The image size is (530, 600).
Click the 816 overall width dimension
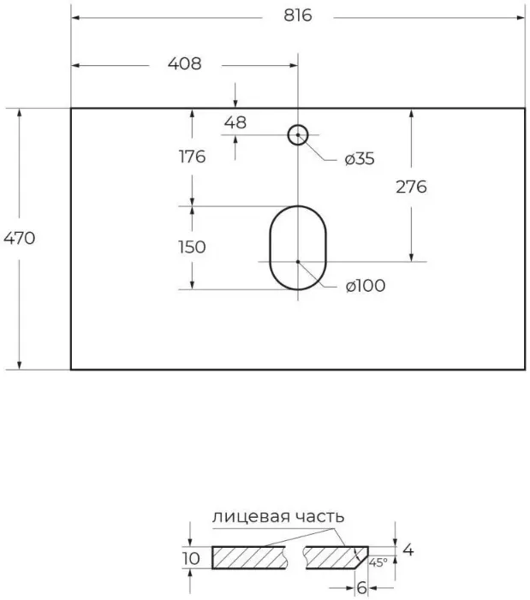(x=298, y=16)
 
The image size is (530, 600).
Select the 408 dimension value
(x=184, y=63)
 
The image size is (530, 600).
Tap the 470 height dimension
(x=18, y=238)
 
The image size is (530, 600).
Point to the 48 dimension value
(x=235, y=122)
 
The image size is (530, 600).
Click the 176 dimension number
(x=192, y=157)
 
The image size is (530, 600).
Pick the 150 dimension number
(x=192, y=247)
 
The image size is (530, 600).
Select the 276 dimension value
(x=411, y=187)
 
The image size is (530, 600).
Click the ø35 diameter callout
(x=360, y=158)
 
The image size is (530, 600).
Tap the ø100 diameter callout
(x=365, y=286)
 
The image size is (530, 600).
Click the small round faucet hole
(x=298, y=134)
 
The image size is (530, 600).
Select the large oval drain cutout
(x=298, y=247)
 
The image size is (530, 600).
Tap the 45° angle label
(x=378, y=562)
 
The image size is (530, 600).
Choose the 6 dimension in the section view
(x=361, y=588)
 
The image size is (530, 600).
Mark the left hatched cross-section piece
(x=249, y=557)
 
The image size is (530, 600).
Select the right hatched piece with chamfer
(x=334, y=557)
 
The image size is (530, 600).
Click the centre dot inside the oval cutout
(x=298, y=262)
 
